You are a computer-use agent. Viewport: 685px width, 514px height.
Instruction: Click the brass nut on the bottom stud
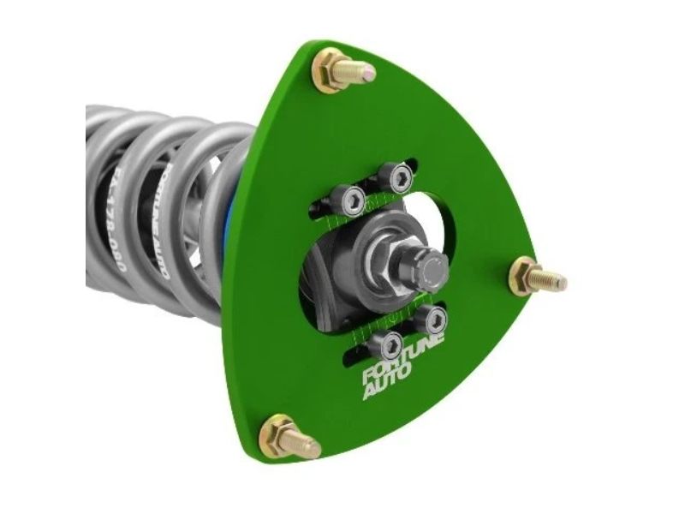tap(277, 434)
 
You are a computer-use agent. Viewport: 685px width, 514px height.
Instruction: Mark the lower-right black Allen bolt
tap(434, 320)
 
